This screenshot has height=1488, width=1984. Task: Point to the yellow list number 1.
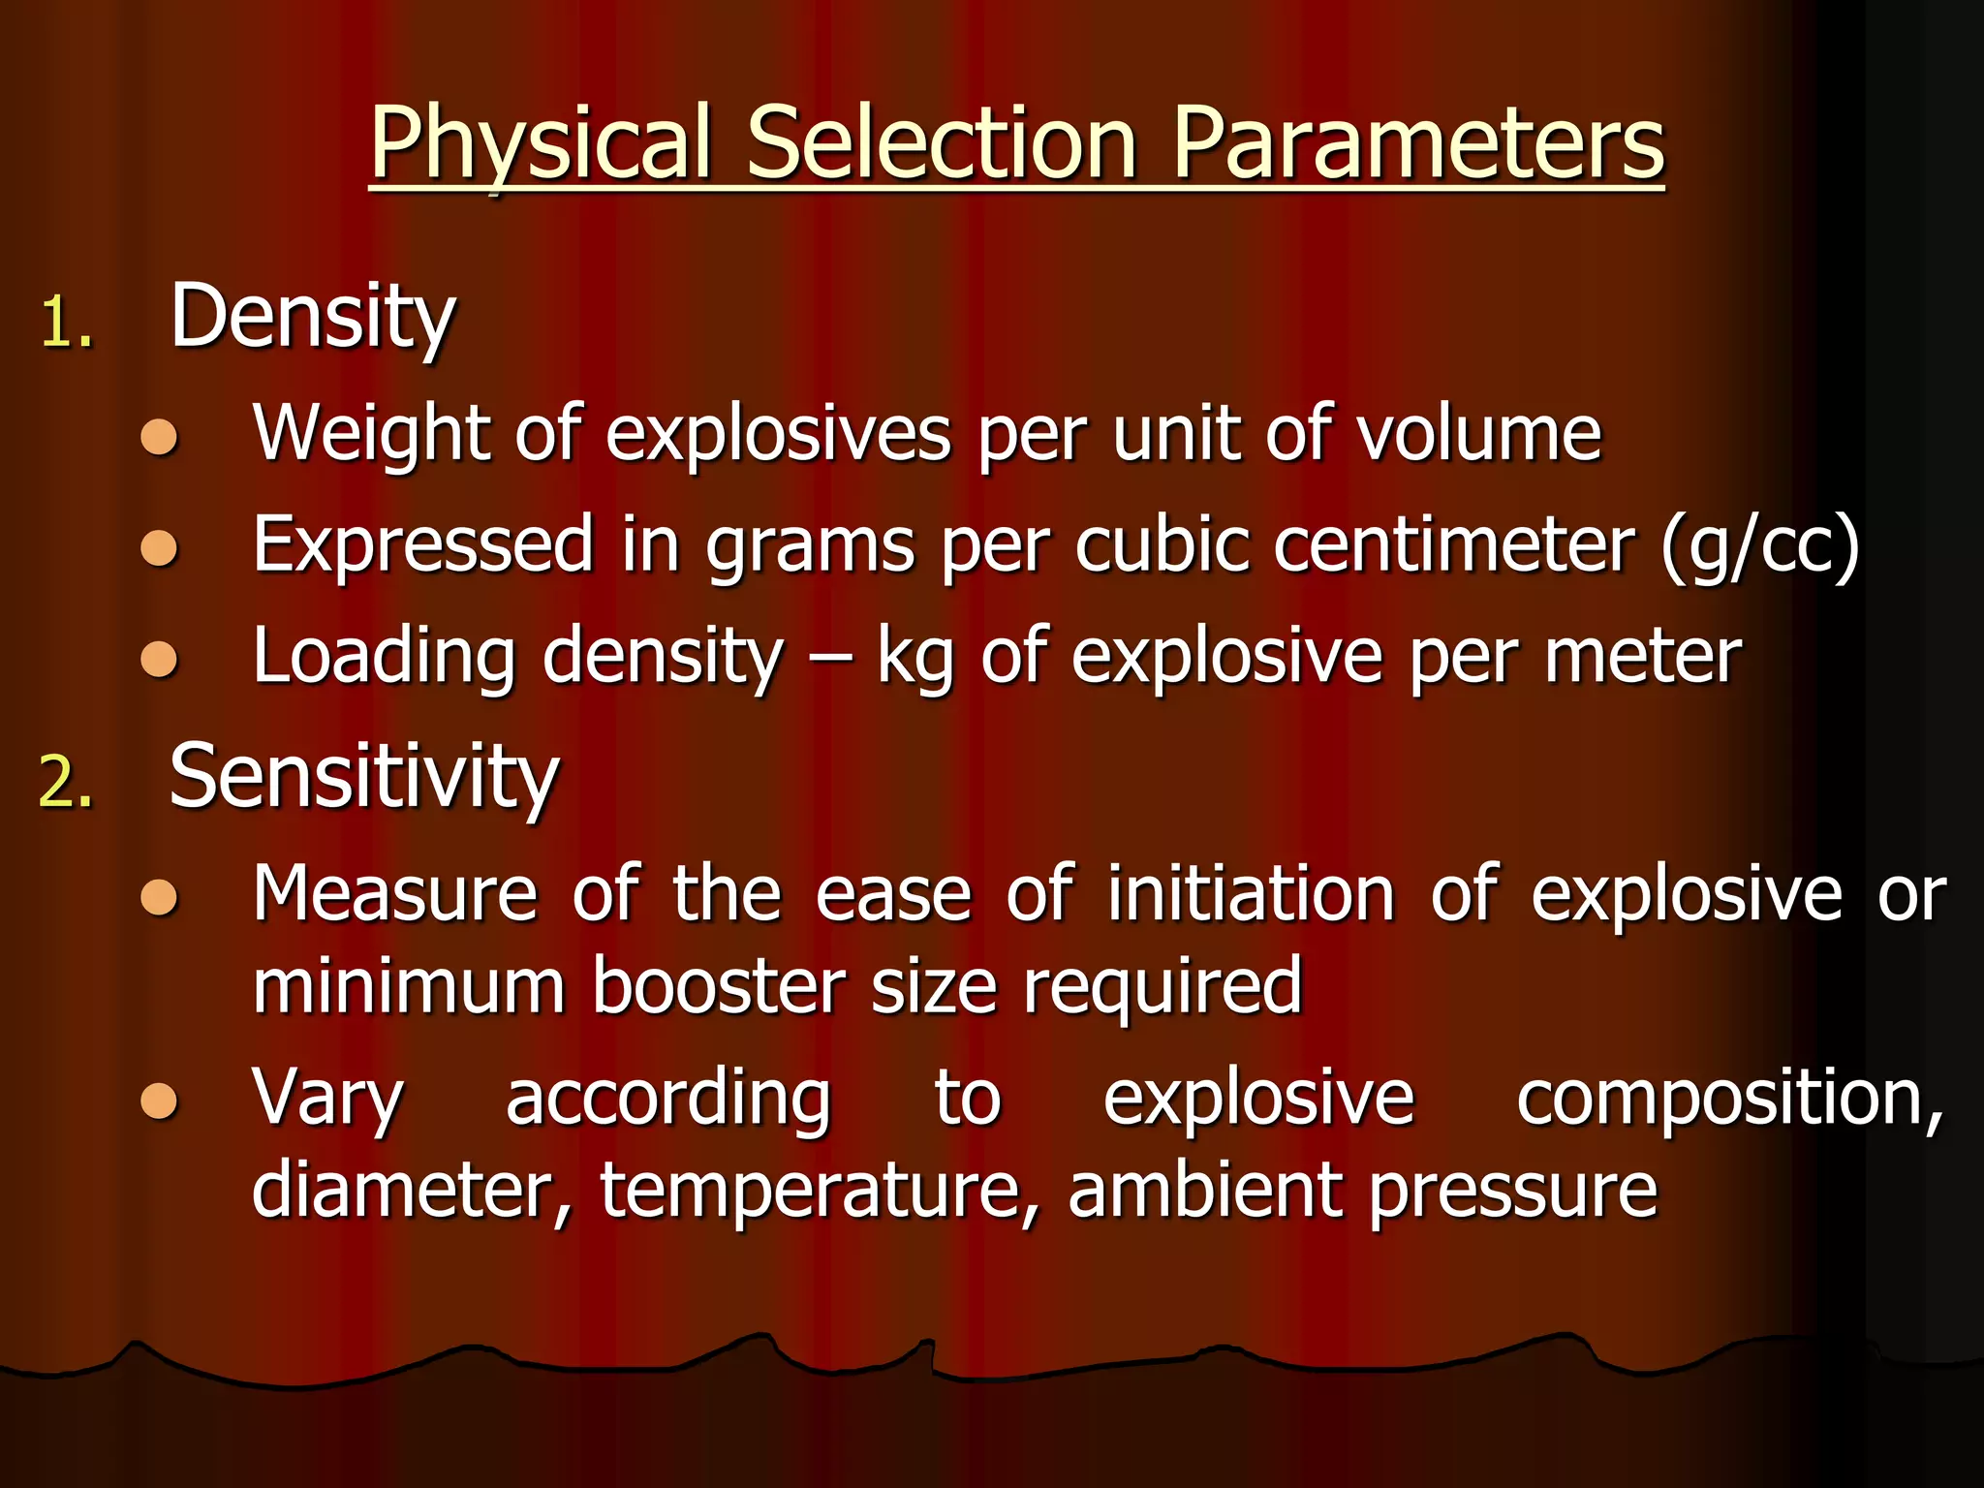click(x=65, y=323)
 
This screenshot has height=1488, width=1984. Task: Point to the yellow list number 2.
click(x=65, y=782)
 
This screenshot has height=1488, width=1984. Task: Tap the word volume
click(x=1478, y=433)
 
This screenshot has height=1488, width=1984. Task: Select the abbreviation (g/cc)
click(x=1759, y=544)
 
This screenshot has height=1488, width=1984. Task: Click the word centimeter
click(x=1454, y=544)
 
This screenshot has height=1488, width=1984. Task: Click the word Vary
click(x=327, y=1099)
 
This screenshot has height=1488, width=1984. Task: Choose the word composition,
click(x=1729, y=1099)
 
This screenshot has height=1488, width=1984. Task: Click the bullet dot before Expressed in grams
click(x=159, y=549)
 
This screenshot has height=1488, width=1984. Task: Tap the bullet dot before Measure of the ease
click(x=159, y=897)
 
